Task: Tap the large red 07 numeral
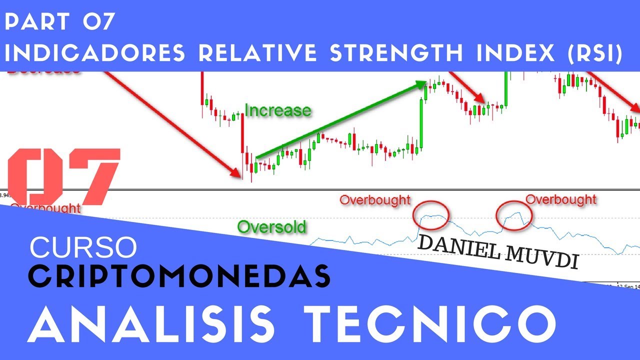click(x=64, y=175)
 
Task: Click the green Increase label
click(x=277, y=110)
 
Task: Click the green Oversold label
click(x=271, y=227)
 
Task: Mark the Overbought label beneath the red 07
click(x=45, y=207)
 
